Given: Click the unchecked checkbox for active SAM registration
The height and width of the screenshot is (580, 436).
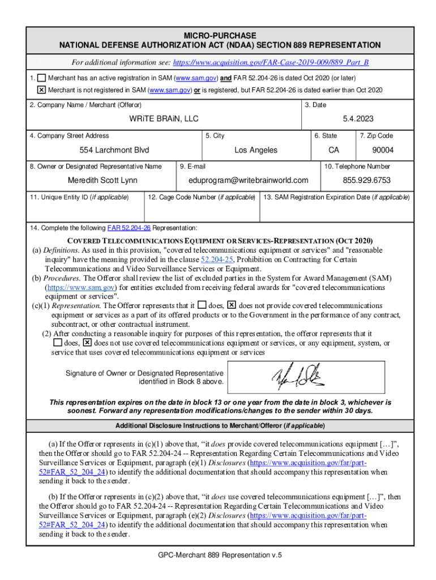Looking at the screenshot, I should (x=42, y=78).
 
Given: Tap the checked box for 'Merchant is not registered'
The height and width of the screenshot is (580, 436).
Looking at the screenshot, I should (x=42, y=90).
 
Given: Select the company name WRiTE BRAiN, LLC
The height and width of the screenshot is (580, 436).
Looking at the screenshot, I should (x=164, y=120).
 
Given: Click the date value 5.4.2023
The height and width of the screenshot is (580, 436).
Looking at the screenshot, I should (x=358, y=120).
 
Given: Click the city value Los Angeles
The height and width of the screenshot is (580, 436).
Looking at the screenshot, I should (x=256, y=150).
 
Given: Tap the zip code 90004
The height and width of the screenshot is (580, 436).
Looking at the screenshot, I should (x=383, y=150).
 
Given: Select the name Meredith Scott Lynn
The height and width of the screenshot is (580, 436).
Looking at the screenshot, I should (x=102, y=180).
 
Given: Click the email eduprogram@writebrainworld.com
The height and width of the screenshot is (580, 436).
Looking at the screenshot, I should (x=249, y=180).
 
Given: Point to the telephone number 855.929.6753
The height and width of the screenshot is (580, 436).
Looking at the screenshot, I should (x=366, y=180).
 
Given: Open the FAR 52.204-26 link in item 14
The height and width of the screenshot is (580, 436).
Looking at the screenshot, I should (x=129, y=228).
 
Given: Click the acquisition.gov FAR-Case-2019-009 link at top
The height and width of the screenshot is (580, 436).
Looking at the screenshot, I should (x=275, y=62).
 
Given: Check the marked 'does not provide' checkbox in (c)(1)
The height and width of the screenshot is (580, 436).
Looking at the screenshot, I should (x=231, y=305).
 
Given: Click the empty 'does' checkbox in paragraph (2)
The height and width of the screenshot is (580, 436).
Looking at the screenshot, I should (x=57, y=343).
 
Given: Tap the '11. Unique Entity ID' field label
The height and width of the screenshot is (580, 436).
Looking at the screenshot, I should (x=79, y=197).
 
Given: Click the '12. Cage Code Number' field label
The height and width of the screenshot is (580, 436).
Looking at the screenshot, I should (x=201, y=197).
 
